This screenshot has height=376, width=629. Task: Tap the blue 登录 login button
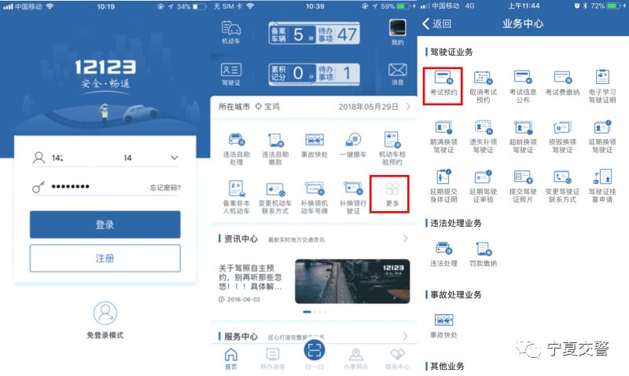point(105,224)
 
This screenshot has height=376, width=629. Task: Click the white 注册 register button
point(105,257)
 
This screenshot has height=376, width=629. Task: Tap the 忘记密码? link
point(165,188)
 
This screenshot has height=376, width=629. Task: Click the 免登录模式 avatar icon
point(105,314)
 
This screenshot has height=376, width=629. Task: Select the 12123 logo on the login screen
point(105,67)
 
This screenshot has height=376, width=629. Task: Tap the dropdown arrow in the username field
point(174,158)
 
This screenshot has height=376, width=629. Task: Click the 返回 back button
point(437,24)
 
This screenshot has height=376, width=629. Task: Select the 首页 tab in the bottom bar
point(230,359)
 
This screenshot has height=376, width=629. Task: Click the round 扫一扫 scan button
point(314,350)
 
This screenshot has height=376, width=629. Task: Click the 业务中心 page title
point(523,24)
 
